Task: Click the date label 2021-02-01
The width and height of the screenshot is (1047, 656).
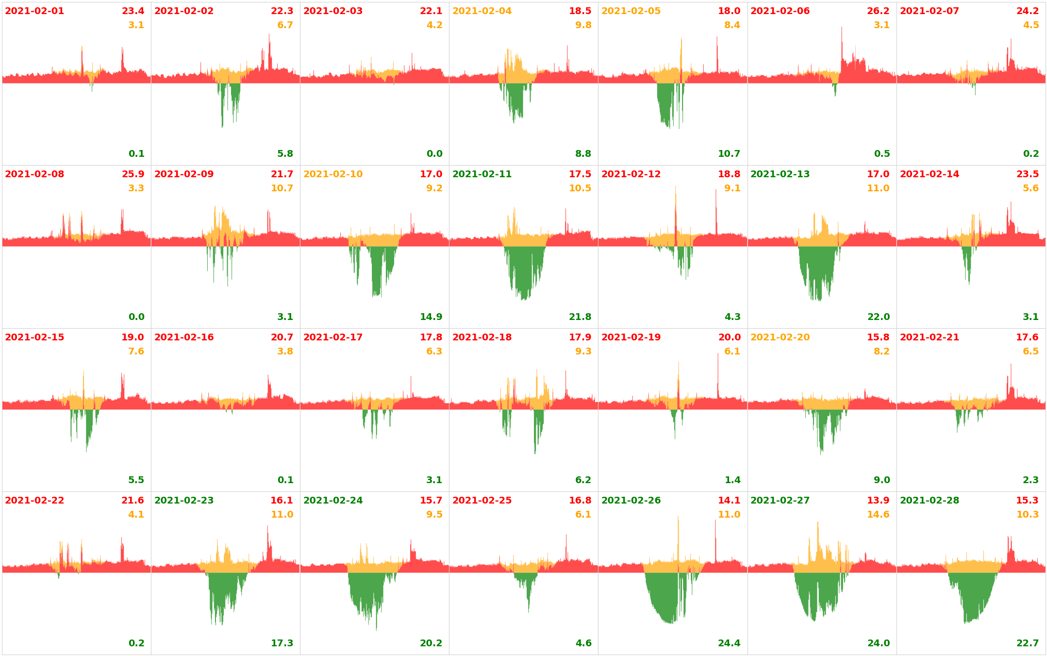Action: pos(34,11)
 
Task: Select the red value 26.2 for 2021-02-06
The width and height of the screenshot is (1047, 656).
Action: pos(878,11)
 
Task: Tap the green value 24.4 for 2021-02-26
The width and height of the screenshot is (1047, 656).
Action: pos(729,643)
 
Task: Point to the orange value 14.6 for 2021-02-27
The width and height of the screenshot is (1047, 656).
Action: pos(878,515)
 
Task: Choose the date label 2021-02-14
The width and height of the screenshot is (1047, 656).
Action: pos(930,174)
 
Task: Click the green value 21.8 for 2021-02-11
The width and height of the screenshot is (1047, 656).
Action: pos(580,317)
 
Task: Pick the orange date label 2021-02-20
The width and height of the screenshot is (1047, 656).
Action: pos(780,337)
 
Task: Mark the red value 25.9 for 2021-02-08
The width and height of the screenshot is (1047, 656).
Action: pos(133,174)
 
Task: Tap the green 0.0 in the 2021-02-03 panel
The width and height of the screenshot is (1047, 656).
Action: pos(434,154)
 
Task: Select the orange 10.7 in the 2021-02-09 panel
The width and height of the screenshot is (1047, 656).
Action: pos(282,188)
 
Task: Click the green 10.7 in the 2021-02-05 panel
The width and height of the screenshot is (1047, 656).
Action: pos(729,154)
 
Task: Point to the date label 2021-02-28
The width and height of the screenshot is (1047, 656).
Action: pos(930,501)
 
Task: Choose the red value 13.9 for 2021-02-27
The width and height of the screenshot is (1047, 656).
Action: pos(878,501)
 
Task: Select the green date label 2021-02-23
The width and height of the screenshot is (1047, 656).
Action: pos(184,501)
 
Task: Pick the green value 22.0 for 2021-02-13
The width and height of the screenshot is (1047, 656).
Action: pos(879,317)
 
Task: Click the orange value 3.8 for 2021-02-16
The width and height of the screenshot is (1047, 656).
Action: pos(285,352)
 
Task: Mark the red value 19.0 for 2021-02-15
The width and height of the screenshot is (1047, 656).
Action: pos(133,337)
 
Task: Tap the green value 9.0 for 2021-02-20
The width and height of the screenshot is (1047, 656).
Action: pos(882,480)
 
